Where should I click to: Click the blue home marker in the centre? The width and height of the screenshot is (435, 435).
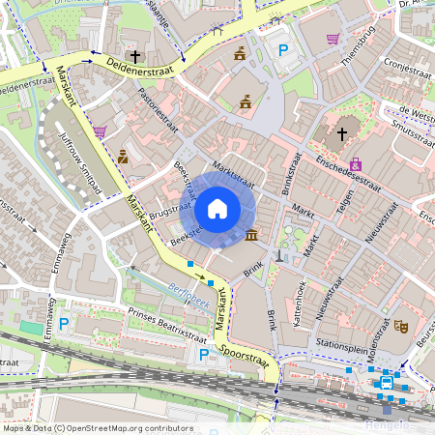217,208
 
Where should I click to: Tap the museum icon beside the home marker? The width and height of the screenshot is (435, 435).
252,235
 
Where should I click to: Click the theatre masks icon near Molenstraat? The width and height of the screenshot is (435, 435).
399,327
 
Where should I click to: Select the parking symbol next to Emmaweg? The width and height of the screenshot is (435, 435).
64,324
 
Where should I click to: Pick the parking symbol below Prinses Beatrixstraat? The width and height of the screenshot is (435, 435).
204,355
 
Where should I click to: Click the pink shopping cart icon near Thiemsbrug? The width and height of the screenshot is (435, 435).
333,40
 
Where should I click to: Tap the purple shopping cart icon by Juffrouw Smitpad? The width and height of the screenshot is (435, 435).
101,130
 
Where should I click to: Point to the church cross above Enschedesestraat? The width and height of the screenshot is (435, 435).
342,133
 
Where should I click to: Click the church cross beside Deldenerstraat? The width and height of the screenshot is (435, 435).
135,56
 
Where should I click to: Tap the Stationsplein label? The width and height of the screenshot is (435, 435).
340,342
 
